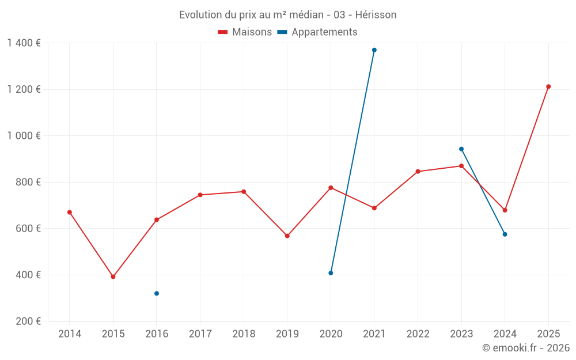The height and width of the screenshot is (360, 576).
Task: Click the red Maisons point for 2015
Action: (113, 276)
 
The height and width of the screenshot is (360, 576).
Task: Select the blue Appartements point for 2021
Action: (374, 50)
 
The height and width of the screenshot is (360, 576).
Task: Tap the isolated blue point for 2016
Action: (157, 294)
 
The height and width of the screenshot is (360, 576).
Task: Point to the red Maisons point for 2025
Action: (548, 86)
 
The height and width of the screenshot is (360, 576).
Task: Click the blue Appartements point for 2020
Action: (331, 273)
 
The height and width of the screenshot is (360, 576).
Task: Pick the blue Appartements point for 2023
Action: (461, 149)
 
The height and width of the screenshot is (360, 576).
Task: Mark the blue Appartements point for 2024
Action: (505, 234)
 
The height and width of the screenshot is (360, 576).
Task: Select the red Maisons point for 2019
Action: (287, 236)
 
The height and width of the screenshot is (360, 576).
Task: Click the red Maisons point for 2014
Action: (70, 213)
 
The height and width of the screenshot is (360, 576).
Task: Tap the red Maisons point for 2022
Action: (418, 172)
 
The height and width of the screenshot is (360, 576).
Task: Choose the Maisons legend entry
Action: (245, 32)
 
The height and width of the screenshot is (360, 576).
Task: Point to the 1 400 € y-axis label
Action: (24, 43)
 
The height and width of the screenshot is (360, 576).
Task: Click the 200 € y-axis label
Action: (28, 321)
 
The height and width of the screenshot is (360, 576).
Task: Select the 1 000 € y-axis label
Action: (24, 136)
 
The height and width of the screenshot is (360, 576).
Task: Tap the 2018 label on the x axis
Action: (244, 334)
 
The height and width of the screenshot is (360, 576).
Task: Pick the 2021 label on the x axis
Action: (374, 334)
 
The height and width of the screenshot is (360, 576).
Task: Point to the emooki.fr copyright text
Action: (526, 348)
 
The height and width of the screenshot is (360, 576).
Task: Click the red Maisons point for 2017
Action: (200, 195)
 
